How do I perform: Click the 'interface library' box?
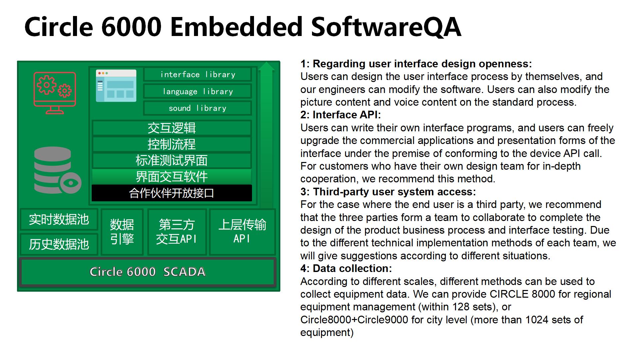point(198,74)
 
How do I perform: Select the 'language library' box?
point(198,91)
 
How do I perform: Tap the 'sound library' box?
point(198,108)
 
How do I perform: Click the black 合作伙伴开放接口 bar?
point(172,193)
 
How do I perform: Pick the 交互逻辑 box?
point(172,128)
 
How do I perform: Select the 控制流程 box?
point(172,144)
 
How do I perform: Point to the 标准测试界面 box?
point(172,160)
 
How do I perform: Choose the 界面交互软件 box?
point(172,177)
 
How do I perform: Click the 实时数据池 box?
point(59,219)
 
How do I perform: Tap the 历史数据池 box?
point(59,244)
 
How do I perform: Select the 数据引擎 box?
point(122,232)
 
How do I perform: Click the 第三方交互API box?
point(177,232)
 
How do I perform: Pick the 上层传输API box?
point(242,232)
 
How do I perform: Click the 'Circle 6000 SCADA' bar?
point(148,272)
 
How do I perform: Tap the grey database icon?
point(58,170)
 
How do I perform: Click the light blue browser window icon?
point(116,86)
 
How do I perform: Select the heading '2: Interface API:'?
point(340,115)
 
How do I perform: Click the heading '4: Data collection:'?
point(346,269)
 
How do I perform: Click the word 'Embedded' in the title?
point(236,27)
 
